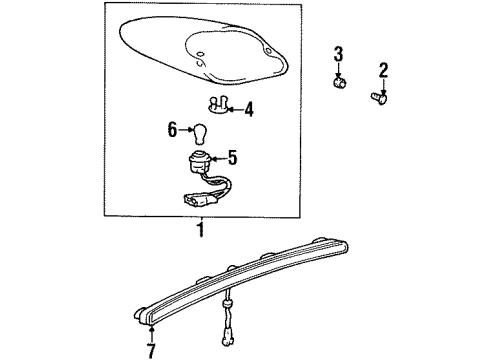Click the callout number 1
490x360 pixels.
201,230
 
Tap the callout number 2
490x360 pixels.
383,70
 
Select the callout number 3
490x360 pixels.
338,54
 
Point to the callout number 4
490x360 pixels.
248,110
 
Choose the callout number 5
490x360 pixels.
232,158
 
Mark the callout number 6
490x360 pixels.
172,129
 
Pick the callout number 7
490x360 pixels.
151,350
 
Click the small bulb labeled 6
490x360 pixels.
200,134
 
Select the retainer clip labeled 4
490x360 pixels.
217,104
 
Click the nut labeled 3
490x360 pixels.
339,82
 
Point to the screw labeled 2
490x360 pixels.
379,98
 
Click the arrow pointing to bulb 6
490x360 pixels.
186,129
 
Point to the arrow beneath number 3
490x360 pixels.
339,71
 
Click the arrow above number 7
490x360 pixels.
151,334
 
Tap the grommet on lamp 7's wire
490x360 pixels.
228,304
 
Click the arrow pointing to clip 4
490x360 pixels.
235,109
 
